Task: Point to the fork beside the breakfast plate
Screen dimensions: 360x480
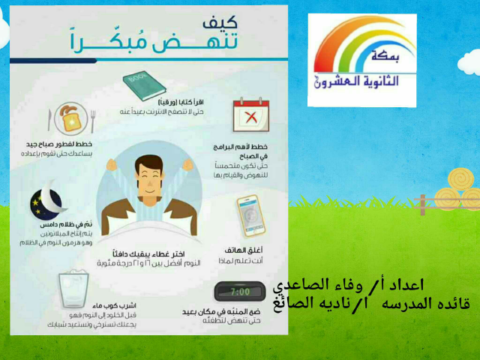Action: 93,120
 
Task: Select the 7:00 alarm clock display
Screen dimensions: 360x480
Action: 241,291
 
